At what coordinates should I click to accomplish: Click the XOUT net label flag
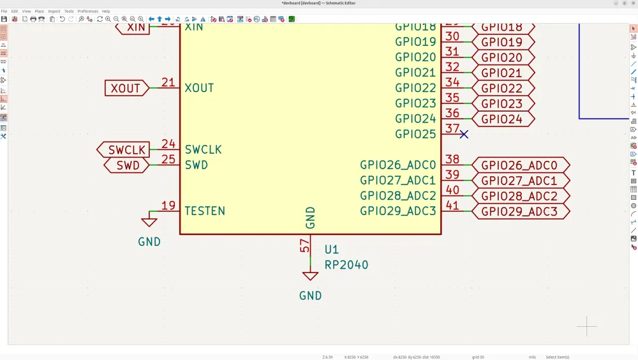tap(126, 88)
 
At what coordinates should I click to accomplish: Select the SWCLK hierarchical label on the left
tap(123, 150)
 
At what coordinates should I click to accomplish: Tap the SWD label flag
tap(127, 165)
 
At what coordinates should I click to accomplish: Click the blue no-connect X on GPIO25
tap(464, 134)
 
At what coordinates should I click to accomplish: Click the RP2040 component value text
tap(346, 265)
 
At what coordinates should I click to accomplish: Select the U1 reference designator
tap(332, 250)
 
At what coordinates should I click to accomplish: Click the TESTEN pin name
tap(205, 211)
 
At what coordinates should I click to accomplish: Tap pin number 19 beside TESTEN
tap(168, 206)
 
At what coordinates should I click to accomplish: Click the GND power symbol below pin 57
tap(311, 276)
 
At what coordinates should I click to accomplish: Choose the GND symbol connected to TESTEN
tap(149, 221)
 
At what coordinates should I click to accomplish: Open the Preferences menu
tap(88, 11)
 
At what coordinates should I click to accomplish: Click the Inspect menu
tap(54, 11)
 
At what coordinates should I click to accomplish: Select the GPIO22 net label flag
tap(502, 89)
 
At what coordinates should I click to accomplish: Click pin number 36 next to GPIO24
tap(452, 113)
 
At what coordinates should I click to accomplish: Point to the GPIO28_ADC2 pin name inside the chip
tap(398, 195)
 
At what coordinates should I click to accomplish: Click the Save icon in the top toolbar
tap(4, 19)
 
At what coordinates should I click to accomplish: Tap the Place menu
tap(40, 11)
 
